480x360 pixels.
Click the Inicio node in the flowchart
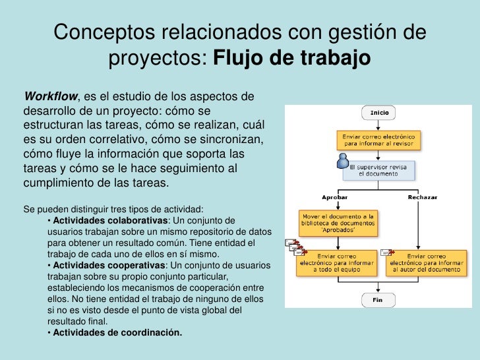[x=379, y=113]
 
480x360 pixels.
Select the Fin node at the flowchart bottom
[x=378, y=299]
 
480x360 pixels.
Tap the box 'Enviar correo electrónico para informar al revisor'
[x=378, y=139]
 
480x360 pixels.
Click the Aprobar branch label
[x=334, y=197]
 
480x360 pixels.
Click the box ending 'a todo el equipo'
[x=338, y=262]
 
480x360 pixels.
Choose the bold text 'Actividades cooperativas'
[x=109, y=265]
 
